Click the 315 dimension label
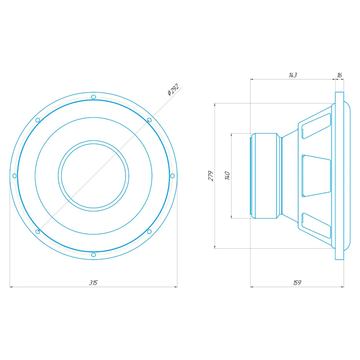click(94, 283)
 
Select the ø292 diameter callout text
click(173, 90)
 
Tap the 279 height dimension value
click(211, 176)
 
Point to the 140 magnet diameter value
click(227, 176)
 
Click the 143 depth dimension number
click(293, 75)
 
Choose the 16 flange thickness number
click(339, 75)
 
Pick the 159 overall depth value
click(297, 283)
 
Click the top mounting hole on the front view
click(94, 97)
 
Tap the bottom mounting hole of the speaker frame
click(94, 255)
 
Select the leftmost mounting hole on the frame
click(15, 176)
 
